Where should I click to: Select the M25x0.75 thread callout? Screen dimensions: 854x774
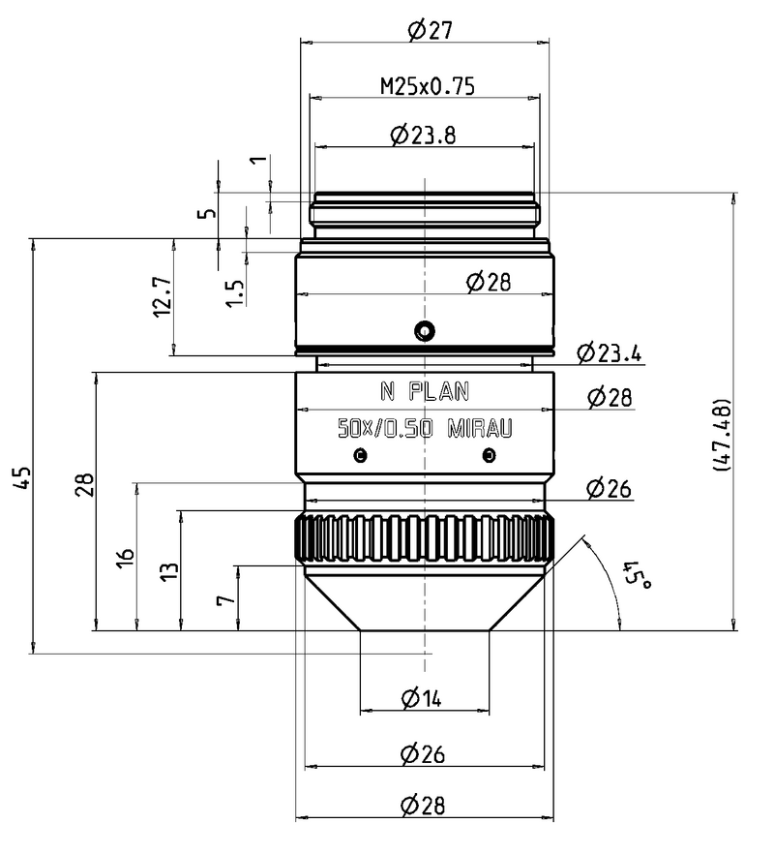[x=427, y=87]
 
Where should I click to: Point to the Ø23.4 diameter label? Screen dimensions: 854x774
[x=608, y=353]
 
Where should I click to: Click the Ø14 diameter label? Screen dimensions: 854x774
[x=420, y=698]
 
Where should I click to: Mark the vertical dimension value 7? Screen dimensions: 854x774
[x=224, y=599]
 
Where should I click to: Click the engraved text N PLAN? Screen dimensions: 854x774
[x=424, y=392]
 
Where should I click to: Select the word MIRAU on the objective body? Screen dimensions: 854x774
[x=479, y=428]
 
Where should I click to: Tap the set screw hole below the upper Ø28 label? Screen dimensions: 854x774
[x=423, y=332]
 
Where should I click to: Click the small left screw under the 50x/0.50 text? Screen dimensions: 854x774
[x=361, y=455]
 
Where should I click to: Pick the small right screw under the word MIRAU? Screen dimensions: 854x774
[x=490, y=455]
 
